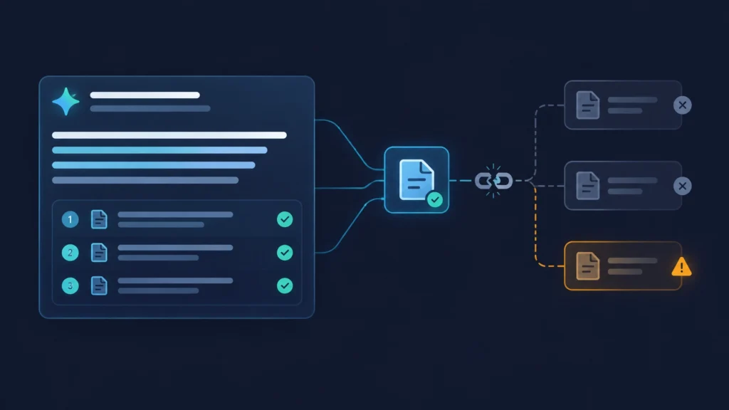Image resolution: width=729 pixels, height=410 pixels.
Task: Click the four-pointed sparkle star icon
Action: click(x=65, y=101)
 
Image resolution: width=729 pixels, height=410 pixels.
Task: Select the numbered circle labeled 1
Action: click(x=70, y=219)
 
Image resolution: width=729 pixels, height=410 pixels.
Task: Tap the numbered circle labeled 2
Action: click(x=70, y=253)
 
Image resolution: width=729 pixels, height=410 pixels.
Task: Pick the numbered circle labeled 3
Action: click(x=70, y=286)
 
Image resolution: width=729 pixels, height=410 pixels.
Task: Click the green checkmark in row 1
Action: click(x=285, y=219)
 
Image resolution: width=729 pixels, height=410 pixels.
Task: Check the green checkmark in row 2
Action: click(x=285, y=253)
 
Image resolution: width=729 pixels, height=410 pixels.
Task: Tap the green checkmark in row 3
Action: click(x=285, y=285)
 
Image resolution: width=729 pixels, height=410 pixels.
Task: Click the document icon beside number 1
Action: click(x=99, y=219)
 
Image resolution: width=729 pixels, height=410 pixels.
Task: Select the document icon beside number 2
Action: click(x=99, y=253)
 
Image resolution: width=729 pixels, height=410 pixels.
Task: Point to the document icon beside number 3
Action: click(x=99, y=285)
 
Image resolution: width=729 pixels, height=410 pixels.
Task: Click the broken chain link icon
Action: click(x=493, y=181)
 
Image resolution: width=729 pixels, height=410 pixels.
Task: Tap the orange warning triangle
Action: click(x=681, y=267)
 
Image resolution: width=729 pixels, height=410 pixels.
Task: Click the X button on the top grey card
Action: click(x=683, y=105)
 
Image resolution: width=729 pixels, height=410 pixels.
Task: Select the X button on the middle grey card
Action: click(x=683, y=186)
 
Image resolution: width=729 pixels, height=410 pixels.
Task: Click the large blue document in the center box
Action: click(x=416, y=179)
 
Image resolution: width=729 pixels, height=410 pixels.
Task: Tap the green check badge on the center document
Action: click(x=435, y=200)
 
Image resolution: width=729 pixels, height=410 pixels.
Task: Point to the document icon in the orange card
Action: click(x=587, y=266)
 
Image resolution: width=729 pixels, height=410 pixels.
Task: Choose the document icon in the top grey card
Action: click(x=587, y=105)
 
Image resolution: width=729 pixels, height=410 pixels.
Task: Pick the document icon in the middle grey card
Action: click(x=587, y=186)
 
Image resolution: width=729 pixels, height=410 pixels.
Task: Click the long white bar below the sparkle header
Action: click(x=169, y=135)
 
